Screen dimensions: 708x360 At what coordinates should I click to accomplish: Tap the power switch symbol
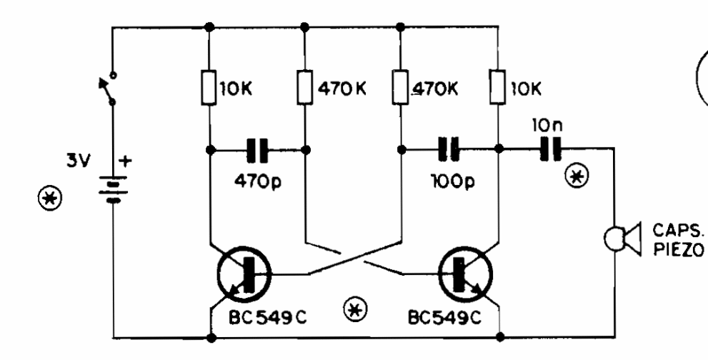[109, 89]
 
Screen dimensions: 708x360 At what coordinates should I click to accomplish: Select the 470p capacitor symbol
[257, 150]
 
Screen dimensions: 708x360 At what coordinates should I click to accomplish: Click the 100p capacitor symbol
[449, 149]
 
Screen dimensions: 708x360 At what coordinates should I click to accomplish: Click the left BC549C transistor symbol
[244, 274]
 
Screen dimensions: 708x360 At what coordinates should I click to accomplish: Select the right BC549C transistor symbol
[465, 274]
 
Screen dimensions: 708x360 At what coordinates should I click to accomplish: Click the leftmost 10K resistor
[209, 88]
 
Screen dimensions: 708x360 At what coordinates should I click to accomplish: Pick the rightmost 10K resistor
[497, 88]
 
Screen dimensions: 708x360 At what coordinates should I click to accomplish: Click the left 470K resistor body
[305, 88]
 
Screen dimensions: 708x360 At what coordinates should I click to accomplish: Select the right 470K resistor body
[401, 88]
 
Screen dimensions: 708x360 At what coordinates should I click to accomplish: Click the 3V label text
[79, 161]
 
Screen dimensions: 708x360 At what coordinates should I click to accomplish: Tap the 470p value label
[257, 181]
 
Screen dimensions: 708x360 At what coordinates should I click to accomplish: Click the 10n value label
[547, 126]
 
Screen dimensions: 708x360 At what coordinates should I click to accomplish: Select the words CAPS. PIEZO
[678, 239]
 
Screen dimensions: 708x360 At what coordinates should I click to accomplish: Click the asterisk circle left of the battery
[50, 199]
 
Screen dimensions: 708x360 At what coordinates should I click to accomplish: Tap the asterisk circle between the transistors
[355, 309]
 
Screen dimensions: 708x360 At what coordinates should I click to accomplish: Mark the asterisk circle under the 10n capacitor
[577, 177]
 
